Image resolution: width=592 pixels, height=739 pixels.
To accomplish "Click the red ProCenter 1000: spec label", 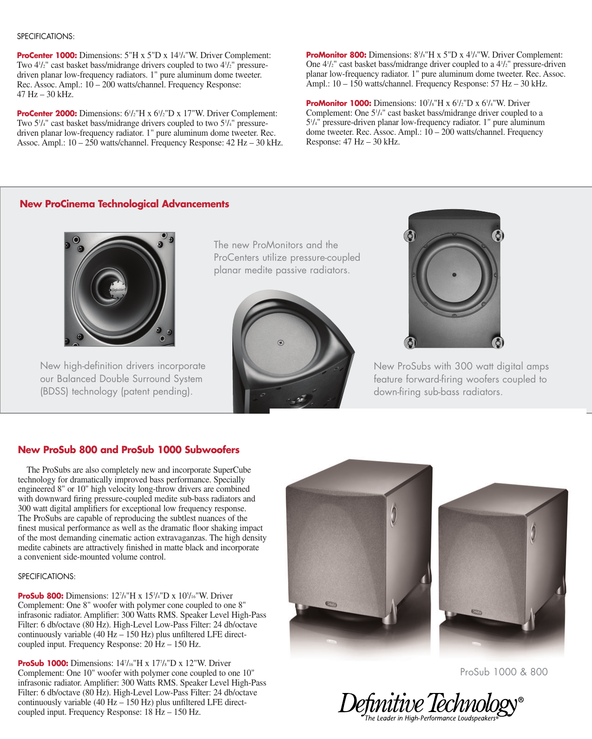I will tap(47, 56).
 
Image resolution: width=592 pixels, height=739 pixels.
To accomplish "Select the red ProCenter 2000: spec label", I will tap(47, 114).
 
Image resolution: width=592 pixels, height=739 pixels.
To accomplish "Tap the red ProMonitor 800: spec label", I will tap(336, 55).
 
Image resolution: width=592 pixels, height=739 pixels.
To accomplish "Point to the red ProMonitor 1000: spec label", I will tap(338, 104).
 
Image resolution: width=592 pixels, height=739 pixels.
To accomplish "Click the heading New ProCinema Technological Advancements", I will tap(124, 204).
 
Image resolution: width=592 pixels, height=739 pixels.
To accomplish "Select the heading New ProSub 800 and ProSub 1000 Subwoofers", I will tap(129, 450).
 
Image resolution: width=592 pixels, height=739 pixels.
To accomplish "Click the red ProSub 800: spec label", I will tap(40, 596).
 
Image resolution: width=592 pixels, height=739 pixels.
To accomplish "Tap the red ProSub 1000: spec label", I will tap(43, 664).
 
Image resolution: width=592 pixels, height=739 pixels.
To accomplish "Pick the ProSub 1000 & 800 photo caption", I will tap(504, 672).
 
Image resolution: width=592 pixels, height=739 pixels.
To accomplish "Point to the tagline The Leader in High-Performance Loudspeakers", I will tap(431, 719).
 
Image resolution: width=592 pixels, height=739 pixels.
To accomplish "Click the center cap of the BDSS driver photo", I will tap(117, 290).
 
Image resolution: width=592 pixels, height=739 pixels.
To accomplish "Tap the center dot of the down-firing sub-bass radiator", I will tap(454, 275).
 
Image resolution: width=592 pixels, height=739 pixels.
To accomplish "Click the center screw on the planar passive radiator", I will tap(281, 343).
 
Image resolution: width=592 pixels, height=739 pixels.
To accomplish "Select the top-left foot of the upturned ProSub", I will tap(410, 236).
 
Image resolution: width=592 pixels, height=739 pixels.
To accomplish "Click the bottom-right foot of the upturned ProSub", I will tap(497, 343).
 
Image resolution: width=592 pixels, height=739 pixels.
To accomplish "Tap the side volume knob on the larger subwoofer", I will tap(394, 515).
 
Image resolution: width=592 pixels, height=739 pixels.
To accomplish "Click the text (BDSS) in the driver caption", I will tap(54, 392).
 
